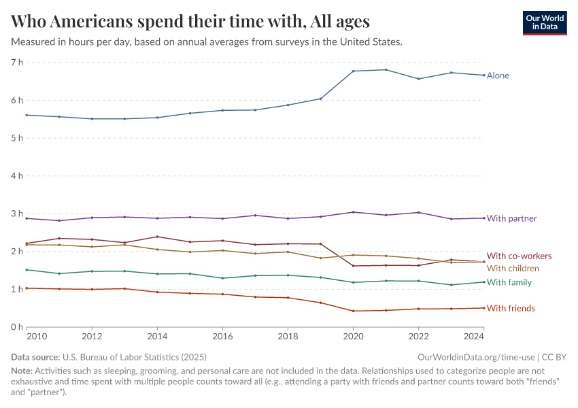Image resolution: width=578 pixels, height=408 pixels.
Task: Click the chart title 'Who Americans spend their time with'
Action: coord(190,21)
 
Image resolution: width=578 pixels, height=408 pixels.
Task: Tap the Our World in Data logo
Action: coord(544,22)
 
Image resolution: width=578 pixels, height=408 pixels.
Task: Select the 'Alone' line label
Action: coord(498,75)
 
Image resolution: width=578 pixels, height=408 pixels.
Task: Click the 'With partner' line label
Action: coord(511,218)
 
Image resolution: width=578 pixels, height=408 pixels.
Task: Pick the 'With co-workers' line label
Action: coord(519,256)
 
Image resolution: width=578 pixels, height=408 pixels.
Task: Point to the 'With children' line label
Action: coord(513,269)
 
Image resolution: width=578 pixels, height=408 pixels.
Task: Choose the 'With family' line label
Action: coord(509,282)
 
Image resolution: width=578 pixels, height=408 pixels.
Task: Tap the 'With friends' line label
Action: coord(511,309)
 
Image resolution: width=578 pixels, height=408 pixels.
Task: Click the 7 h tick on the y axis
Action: coord(16,63)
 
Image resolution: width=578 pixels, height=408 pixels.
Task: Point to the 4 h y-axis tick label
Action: coord(16,176)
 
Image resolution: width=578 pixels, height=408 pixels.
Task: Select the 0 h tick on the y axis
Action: coord(16,327)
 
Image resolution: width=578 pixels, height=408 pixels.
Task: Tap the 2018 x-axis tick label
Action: coord(288,337)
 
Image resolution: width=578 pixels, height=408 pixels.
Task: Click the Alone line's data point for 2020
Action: coord(354,71)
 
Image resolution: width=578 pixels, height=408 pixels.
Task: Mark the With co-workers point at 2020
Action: coord(354,266)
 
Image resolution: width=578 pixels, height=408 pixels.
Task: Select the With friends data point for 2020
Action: coord(354,311)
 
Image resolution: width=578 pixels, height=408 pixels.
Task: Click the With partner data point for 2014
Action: coord(158,218)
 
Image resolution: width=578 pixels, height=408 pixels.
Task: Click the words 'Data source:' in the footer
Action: coord(35,357)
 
